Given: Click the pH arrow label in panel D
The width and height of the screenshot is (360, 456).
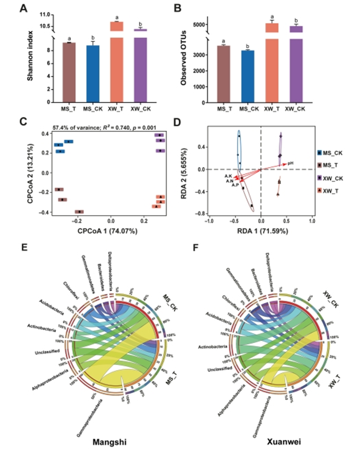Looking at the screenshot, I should (290, 164).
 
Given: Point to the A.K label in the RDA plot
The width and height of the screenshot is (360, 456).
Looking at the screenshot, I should (228, 176).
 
